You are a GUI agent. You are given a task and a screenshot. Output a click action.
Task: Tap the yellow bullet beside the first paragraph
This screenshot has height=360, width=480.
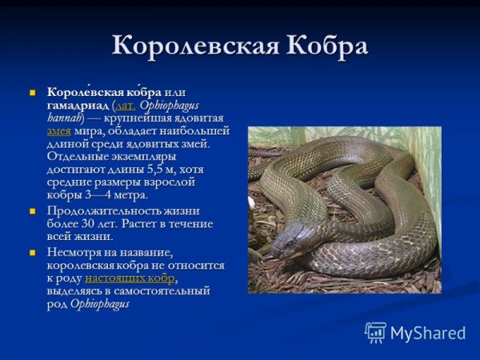[34, 94]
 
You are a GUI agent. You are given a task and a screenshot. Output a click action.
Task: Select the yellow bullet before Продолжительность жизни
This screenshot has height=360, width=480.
[34, 210]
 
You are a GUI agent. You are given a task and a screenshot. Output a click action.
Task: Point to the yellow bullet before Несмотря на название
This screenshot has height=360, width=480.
[34, 251]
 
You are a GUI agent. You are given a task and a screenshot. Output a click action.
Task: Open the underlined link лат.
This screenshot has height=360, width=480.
[126, 106]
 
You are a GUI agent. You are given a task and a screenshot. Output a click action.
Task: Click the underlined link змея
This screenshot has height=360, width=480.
[59, 130]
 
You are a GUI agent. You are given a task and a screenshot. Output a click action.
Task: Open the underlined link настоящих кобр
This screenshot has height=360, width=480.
[130, 278]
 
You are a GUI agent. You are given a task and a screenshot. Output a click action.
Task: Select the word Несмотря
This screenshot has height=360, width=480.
[74, 252]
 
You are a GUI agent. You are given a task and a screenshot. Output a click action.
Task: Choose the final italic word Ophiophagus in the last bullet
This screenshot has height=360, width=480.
[100, 303]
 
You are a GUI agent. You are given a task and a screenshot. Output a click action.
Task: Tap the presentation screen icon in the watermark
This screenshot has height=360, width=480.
[375, 332]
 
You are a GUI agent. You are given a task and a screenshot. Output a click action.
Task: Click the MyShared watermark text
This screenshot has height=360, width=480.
[428, 333]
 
